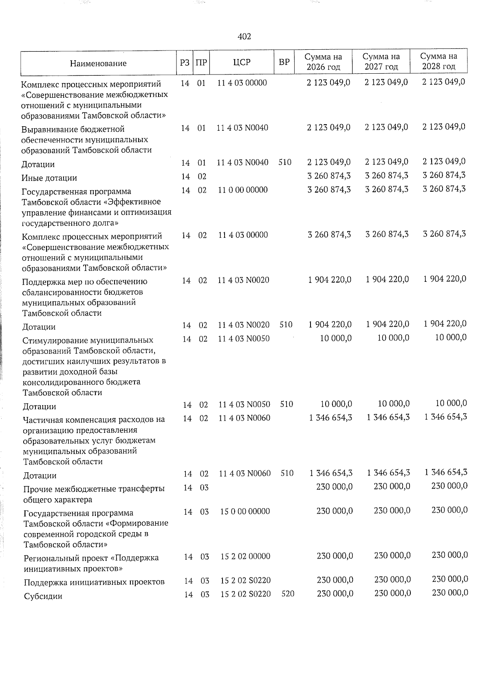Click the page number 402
[244, 37]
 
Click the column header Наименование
[98, 63]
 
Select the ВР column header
[284, 62]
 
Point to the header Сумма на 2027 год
[381, 61]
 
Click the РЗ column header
[185, 62]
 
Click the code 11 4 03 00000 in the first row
[242, 83]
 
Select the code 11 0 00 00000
[243, 189]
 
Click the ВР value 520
[288, 594]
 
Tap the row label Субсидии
[43, 596]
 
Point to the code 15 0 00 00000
[245, 511]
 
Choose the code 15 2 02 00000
[245, 556]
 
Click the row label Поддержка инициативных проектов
[94, 582]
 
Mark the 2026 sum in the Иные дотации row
[329, 176]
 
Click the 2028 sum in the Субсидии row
[450, 592]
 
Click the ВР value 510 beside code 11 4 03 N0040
[285, 162]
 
